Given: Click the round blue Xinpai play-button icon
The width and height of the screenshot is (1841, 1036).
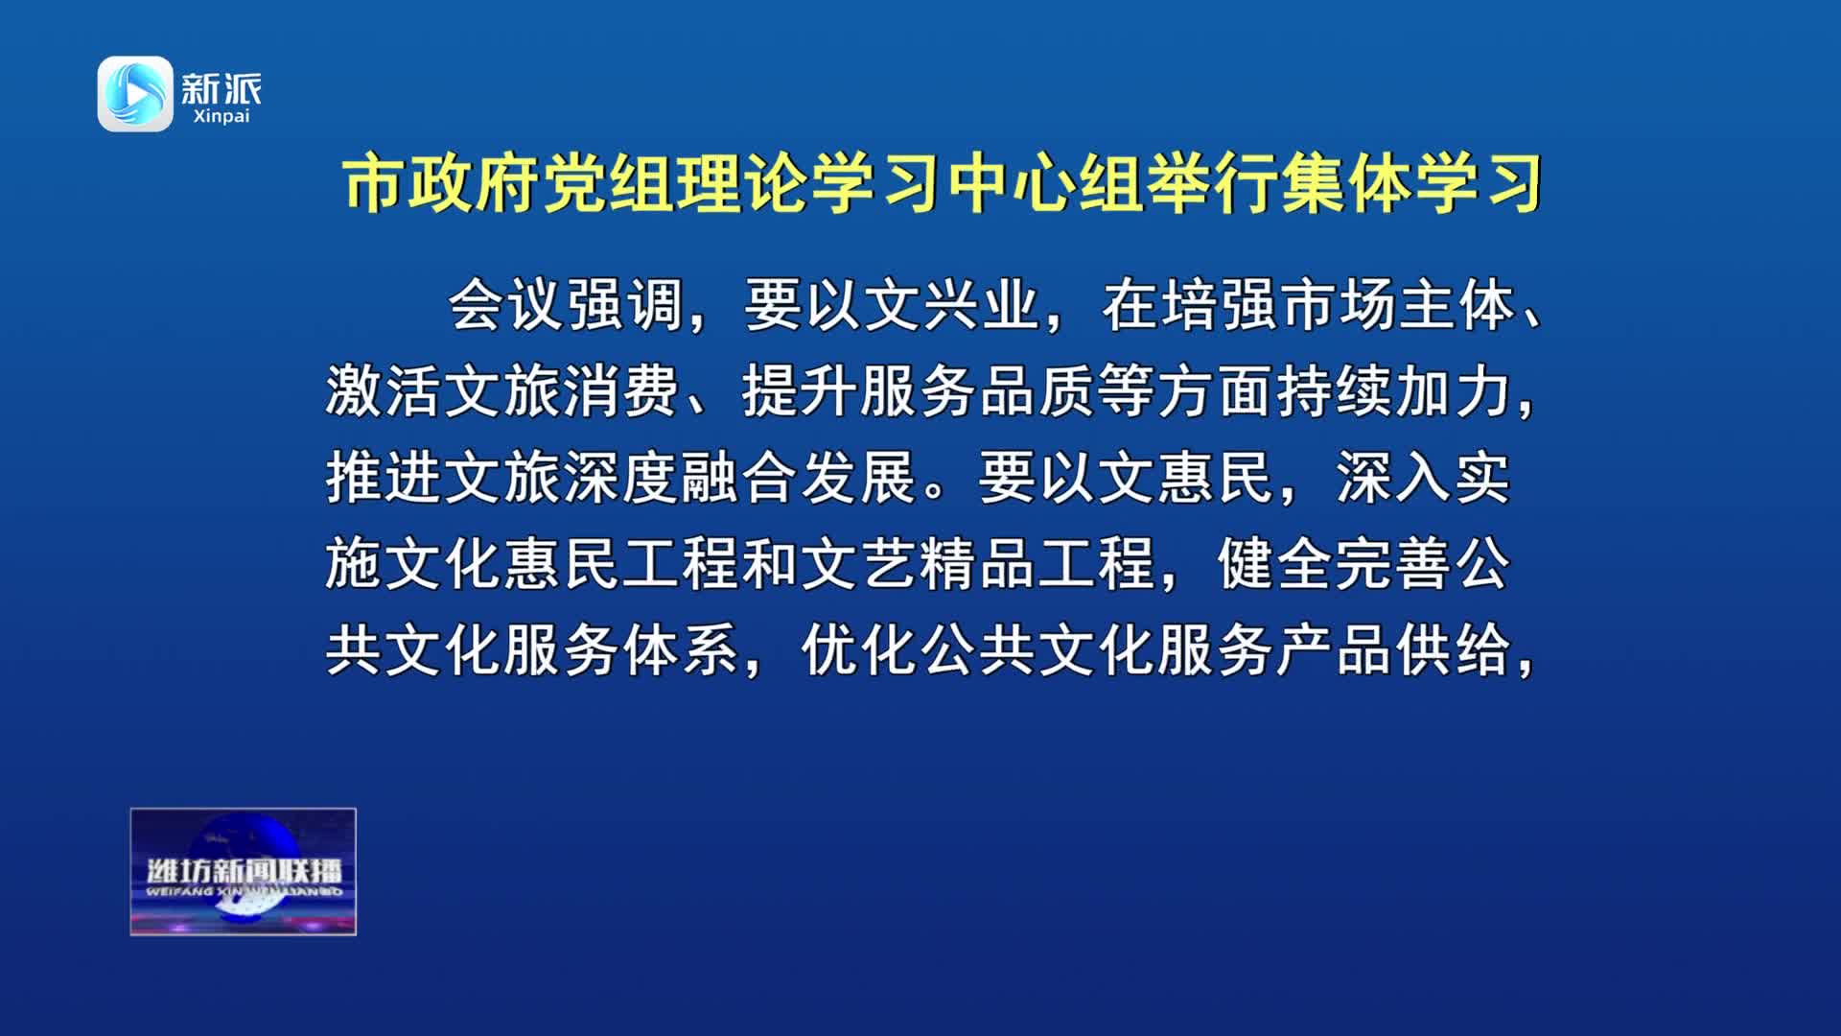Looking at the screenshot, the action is [135, 93].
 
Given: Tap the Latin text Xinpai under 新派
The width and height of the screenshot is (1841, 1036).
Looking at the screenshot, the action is [221, 116].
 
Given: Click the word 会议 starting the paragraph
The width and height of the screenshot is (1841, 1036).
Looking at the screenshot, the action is [506, 306].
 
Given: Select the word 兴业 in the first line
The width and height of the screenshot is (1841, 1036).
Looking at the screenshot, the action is [982, 306].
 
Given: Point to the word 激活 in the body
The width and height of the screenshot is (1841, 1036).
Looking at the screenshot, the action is [384, 391].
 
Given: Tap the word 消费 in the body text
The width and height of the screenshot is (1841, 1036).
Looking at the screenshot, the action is [621, 391].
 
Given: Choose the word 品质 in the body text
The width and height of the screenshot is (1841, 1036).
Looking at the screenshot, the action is [1037, 391].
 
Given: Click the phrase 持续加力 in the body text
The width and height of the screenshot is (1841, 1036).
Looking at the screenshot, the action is [1394, 391].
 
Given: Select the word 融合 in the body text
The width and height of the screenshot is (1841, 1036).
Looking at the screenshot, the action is [740, 477].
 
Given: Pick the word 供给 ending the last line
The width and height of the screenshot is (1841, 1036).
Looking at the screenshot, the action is [1454, 649].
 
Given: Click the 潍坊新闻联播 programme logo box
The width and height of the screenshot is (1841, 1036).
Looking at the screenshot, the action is [244, 872].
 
